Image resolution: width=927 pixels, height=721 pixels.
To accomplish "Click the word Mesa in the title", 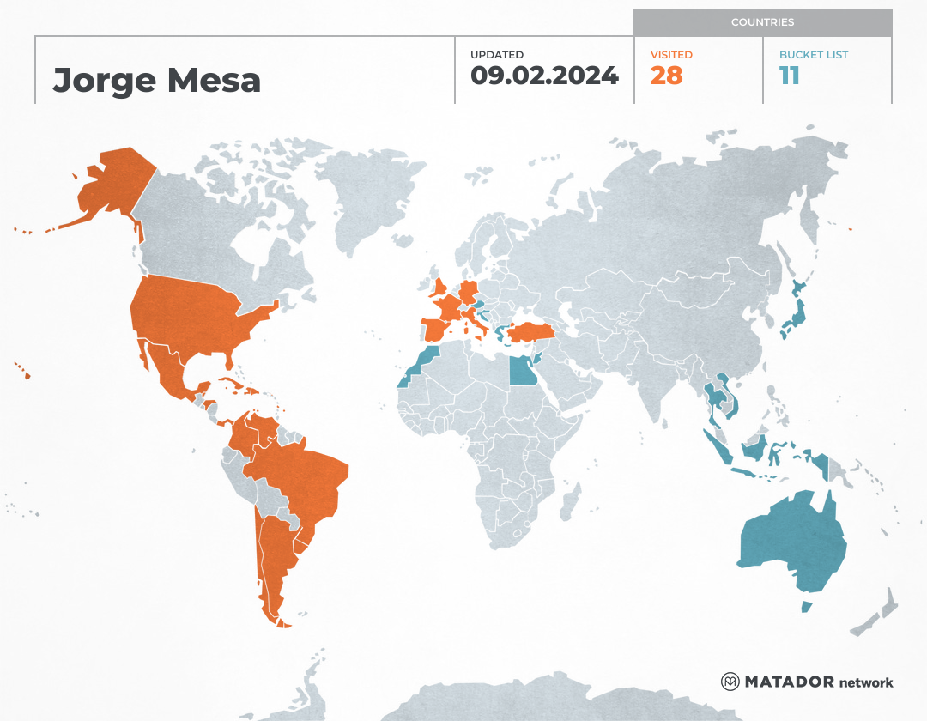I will point(214,81).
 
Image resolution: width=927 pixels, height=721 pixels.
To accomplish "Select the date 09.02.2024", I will point(544,76).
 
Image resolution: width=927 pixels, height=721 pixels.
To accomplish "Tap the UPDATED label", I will point(496,55).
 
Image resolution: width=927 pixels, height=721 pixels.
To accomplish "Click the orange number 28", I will point(666,76).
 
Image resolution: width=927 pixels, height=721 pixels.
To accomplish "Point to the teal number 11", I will point(789,76).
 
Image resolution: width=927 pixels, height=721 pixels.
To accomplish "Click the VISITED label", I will point(671,55).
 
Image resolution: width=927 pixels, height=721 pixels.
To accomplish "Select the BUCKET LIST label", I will point(813,55).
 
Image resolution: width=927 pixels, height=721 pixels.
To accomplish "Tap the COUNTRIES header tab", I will point(762,22).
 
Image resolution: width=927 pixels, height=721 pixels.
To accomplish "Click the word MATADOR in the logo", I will point(789,682).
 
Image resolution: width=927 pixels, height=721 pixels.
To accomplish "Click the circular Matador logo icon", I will point(730,682).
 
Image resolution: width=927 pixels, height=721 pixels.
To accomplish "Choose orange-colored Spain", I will point(438,330).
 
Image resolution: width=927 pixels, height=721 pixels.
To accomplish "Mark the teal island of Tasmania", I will point(806,607).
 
